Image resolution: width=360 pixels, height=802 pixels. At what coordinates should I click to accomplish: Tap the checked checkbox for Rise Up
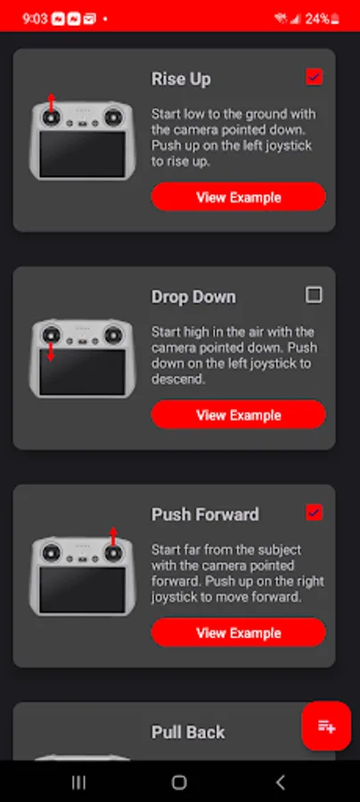(x=314, y=78)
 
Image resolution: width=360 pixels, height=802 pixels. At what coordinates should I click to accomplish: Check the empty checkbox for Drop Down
(x=314, y=295)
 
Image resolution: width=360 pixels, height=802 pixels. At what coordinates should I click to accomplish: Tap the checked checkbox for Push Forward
(x=314, y=512)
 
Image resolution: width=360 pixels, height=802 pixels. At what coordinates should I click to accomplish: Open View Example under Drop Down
(x=238, y=414)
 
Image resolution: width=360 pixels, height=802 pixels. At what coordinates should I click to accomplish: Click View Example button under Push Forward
(x=238, y=632)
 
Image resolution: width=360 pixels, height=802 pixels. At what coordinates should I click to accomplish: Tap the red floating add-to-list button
(x=326, y=725)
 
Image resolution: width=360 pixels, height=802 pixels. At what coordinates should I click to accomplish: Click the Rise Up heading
(x=181, y=79)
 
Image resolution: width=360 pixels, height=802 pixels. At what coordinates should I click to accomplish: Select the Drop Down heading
(x=193, y=297)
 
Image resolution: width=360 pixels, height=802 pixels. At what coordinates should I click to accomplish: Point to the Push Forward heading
(x=205, y=514)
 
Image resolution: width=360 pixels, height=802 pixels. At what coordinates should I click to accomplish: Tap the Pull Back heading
(x=188, y=732)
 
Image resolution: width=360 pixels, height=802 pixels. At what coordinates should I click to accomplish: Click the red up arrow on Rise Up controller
(x=51, y=102)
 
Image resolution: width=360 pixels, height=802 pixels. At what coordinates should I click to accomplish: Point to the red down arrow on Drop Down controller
(x=51, y=351)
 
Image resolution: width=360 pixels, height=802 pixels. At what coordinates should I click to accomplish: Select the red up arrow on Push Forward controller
(x=113, y=537)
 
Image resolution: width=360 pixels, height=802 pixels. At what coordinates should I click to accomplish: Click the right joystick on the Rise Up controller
(x=113, y=118)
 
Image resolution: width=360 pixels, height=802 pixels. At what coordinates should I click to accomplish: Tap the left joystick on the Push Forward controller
(x=51, y=552)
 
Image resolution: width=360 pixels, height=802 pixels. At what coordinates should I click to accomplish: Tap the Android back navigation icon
(x=280, y=782)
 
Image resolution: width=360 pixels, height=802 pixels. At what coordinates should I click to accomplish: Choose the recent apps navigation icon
(x=78, y=782)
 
